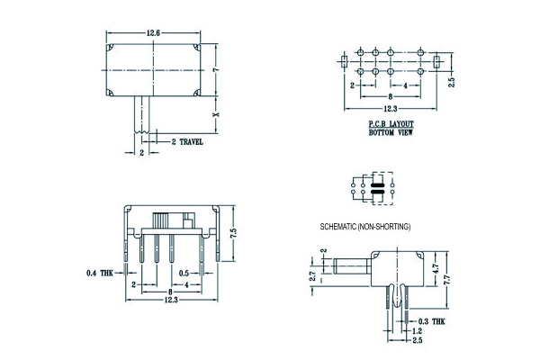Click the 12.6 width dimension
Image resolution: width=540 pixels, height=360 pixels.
tap(153, 33)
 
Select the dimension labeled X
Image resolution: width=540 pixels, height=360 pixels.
tap(216, 114)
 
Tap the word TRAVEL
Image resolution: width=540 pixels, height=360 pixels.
tap(192, 141)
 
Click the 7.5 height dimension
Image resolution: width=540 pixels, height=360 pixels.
tap(234, 233)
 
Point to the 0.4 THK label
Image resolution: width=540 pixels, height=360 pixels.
tap(100, 274)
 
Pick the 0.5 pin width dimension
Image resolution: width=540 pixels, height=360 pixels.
tap(184, 274)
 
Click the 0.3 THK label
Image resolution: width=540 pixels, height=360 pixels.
tap(431, 321)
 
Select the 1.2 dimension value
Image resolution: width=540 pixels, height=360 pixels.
tap(417, 331)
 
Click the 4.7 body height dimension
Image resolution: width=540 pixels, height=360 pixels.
tap(436, 269)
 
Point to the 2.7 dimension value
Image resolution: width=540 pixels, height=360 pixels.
tap(312, 276)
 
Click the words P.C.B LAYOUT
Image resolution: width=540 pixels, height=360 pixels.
tap(391, 123)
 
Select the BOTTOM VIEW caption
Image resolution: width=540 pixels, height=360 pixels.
tap(391, 132)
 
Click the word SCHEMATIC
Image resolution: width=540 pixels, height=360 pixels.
tap(338, 227)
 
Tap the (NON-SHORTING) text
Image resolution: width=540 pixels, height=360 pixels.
tap(383, 227)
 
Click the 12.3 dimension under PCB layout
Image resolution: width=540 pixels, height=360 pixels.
tap(391, 109)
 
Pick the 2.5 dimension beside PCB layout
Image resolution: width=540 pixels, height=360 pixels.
tap(452, 82)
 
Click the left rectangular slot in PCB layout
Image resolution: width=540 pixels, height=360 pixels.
tap(344, 62)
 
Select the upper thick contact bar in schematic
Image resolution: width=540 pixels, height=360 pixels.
tap(377, 185)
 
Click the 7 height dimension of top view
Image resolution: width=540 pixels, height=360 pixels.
tap(216, 70)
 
